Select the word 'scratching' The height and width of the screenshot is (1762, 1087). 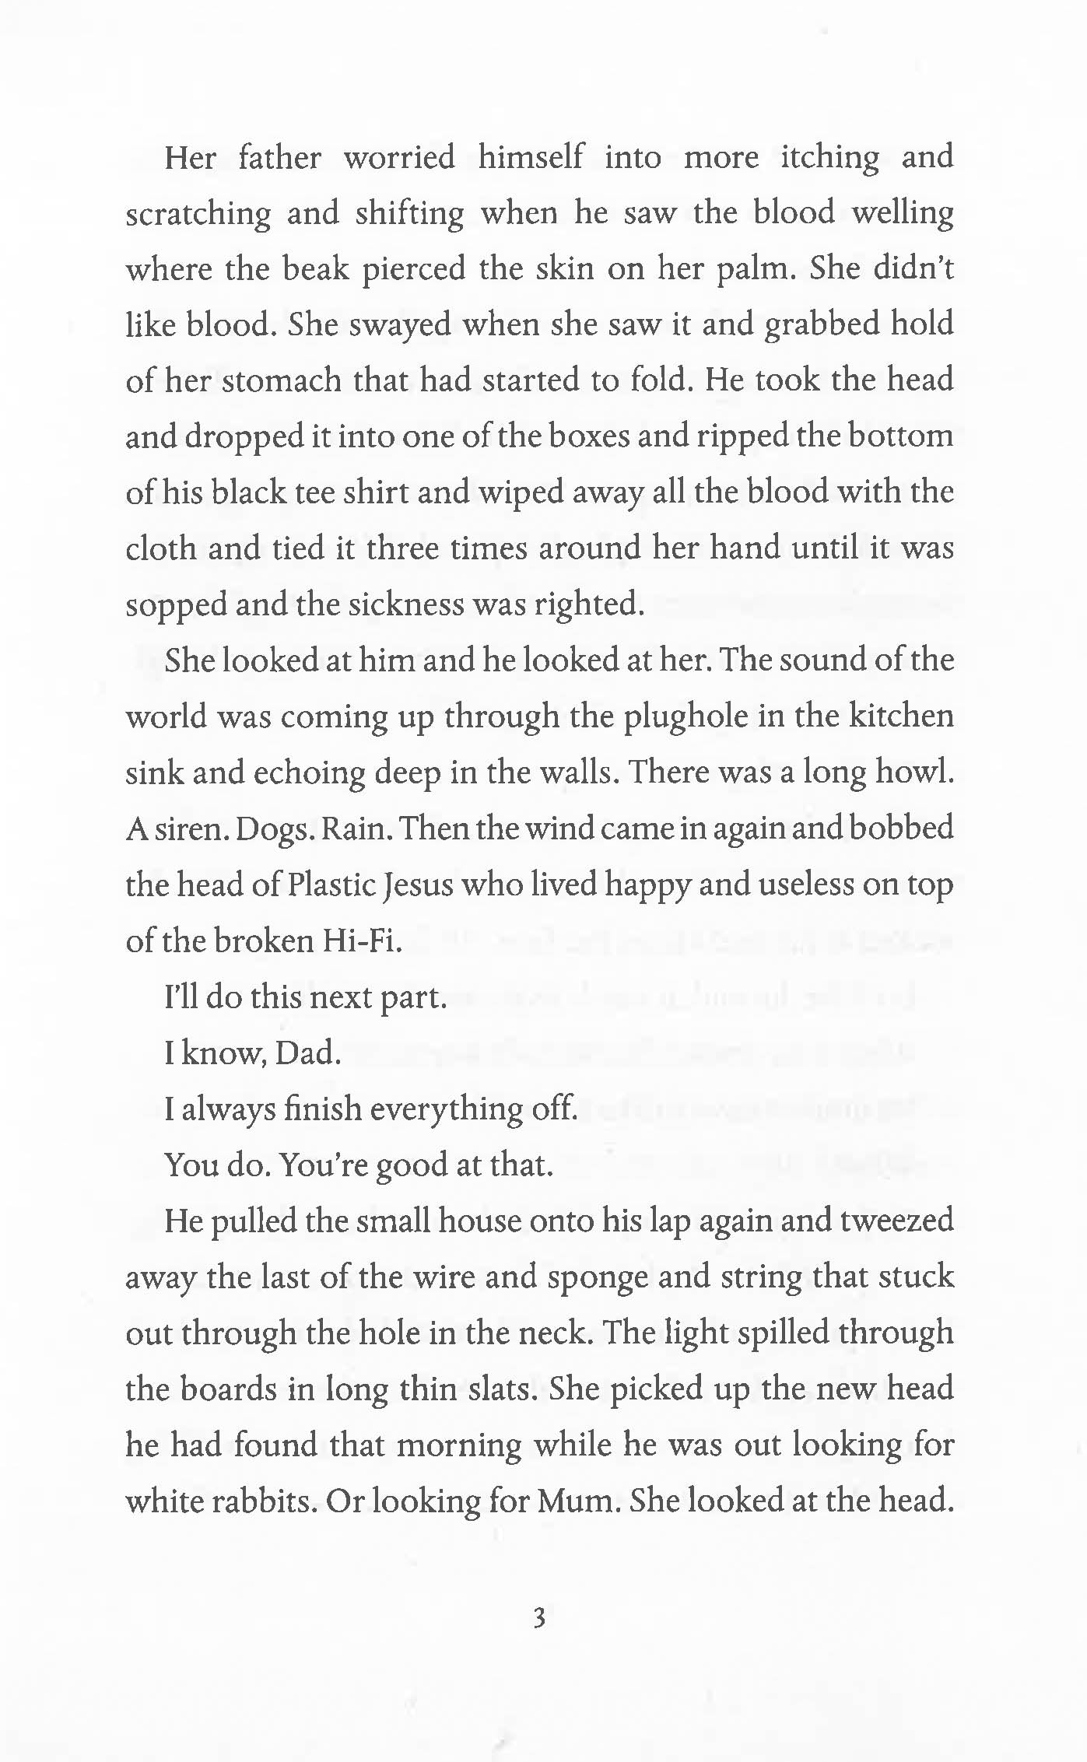click(x=198, y=214)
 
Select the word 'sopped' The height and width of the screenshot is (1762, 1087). click(x=175, y=605)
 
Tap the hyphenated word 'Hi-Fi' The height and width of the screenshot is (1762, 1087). click(x=361, y=941)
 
